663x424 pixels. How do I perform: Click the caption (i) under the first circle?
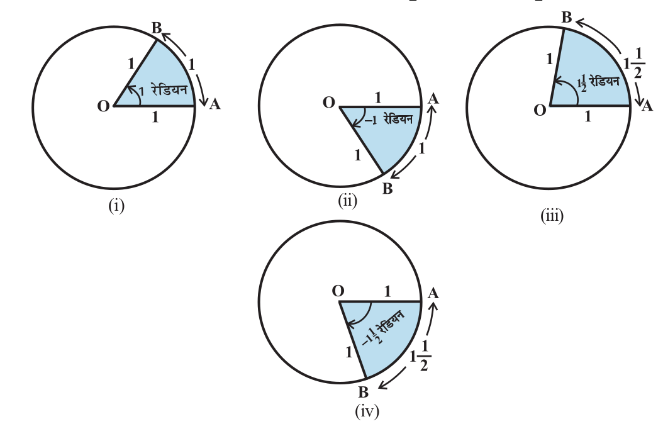coord(116,206)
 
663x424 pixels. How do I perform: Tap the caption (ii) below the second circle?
coord(347,201)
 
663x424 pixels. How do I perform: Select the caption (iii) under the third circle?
coord(552,216)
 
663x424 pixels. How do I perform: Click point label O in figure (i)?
coord(103,106)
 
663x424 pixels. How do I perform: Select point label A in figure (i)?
coord(214,104)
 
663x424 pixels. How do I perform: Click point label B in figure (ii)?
coord(387,189)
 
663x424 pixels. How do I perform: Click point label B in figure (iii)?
coord(566,18)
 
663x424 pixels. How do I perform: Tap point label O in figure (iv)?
coord(338,291)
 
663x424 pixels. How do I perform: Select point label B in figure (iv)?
coord(363,393)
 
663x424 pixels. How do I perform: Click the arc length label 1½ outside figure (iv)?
coord(420,359)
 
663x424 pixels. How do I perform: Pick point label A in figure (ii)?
coord(432,98)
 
